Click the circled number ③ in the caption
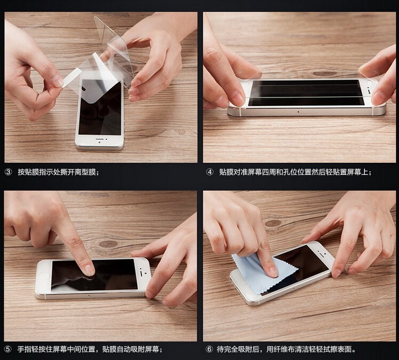9,172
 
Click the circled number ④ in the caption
210,172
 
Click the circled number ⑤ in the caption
8,349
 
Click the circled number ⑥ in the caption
209,349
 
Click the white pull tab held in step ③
72,76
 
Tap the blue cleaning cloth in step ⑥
262,274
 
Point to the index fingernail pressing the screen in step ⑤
89,270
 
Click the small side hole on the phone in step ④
298,112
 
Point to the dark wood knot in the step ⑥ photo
273,223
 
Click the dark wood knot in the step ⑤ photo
109,244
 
